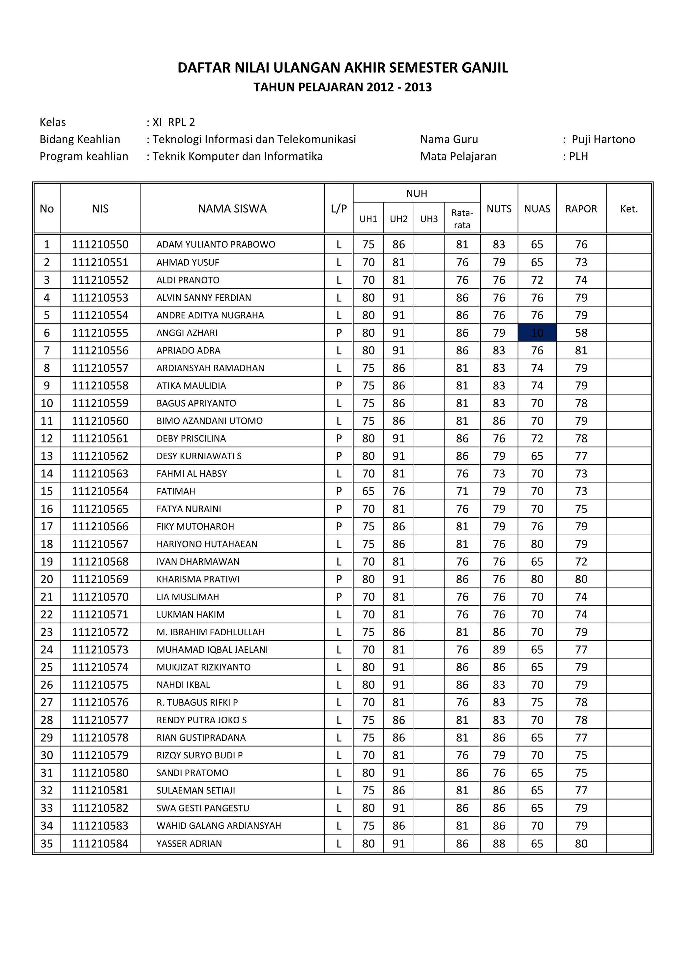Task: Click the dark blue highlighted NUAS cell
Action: point(537,333)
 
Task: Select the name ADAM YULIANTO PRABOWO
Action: point(216,245)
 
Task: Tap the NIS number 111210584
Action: point(100,843)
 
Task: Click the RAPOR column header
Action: point(581,209)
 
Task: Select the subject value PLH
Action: point(578,156)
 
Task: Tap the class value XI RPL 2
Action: point(173,122)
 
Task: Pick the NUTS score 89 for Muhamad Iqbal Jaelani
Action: point(499,649)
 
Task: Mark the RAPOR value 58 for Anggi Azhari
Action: point(581,333)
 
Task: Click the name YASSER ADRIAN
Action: point(189,843)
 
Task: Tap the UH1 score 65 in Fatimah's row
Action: point(368,491)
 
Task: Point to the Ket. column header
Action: point(629,209)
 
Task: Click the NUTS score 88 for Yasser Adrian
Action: point(499,843)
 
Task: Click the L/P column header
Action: point(338,209)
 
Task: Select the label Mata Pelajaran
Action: point(458,156)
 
